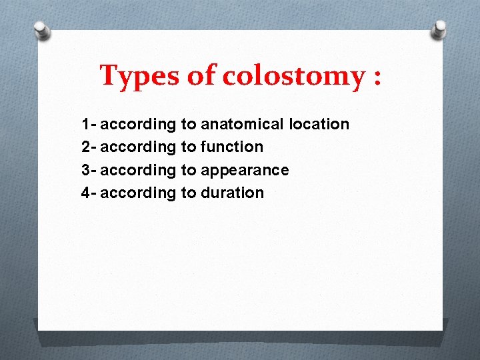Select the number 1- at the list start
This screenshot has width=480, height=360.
88,124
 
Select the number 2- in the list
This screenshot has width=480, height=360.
88,147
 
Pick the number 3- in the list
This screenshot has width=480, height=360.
88,170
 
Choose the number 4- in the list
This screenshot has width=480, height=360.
88,193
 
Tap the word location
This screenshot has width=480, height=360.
319,124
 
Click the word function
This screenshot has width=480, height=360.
232,147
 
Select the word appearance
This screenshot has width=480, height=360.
245,170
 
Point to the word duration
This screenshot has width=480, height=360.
232,193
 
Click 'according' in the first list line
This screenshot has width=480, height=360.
138,124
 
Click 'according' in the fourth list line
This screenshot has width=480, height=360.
138,193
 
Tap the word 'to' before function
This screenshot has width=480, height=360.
188,147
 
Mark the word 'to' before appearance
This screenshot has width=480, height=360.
188,170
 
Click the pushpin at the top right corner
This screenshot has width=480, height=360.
439,28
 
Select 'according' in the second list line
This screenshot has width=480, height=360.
138,147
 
